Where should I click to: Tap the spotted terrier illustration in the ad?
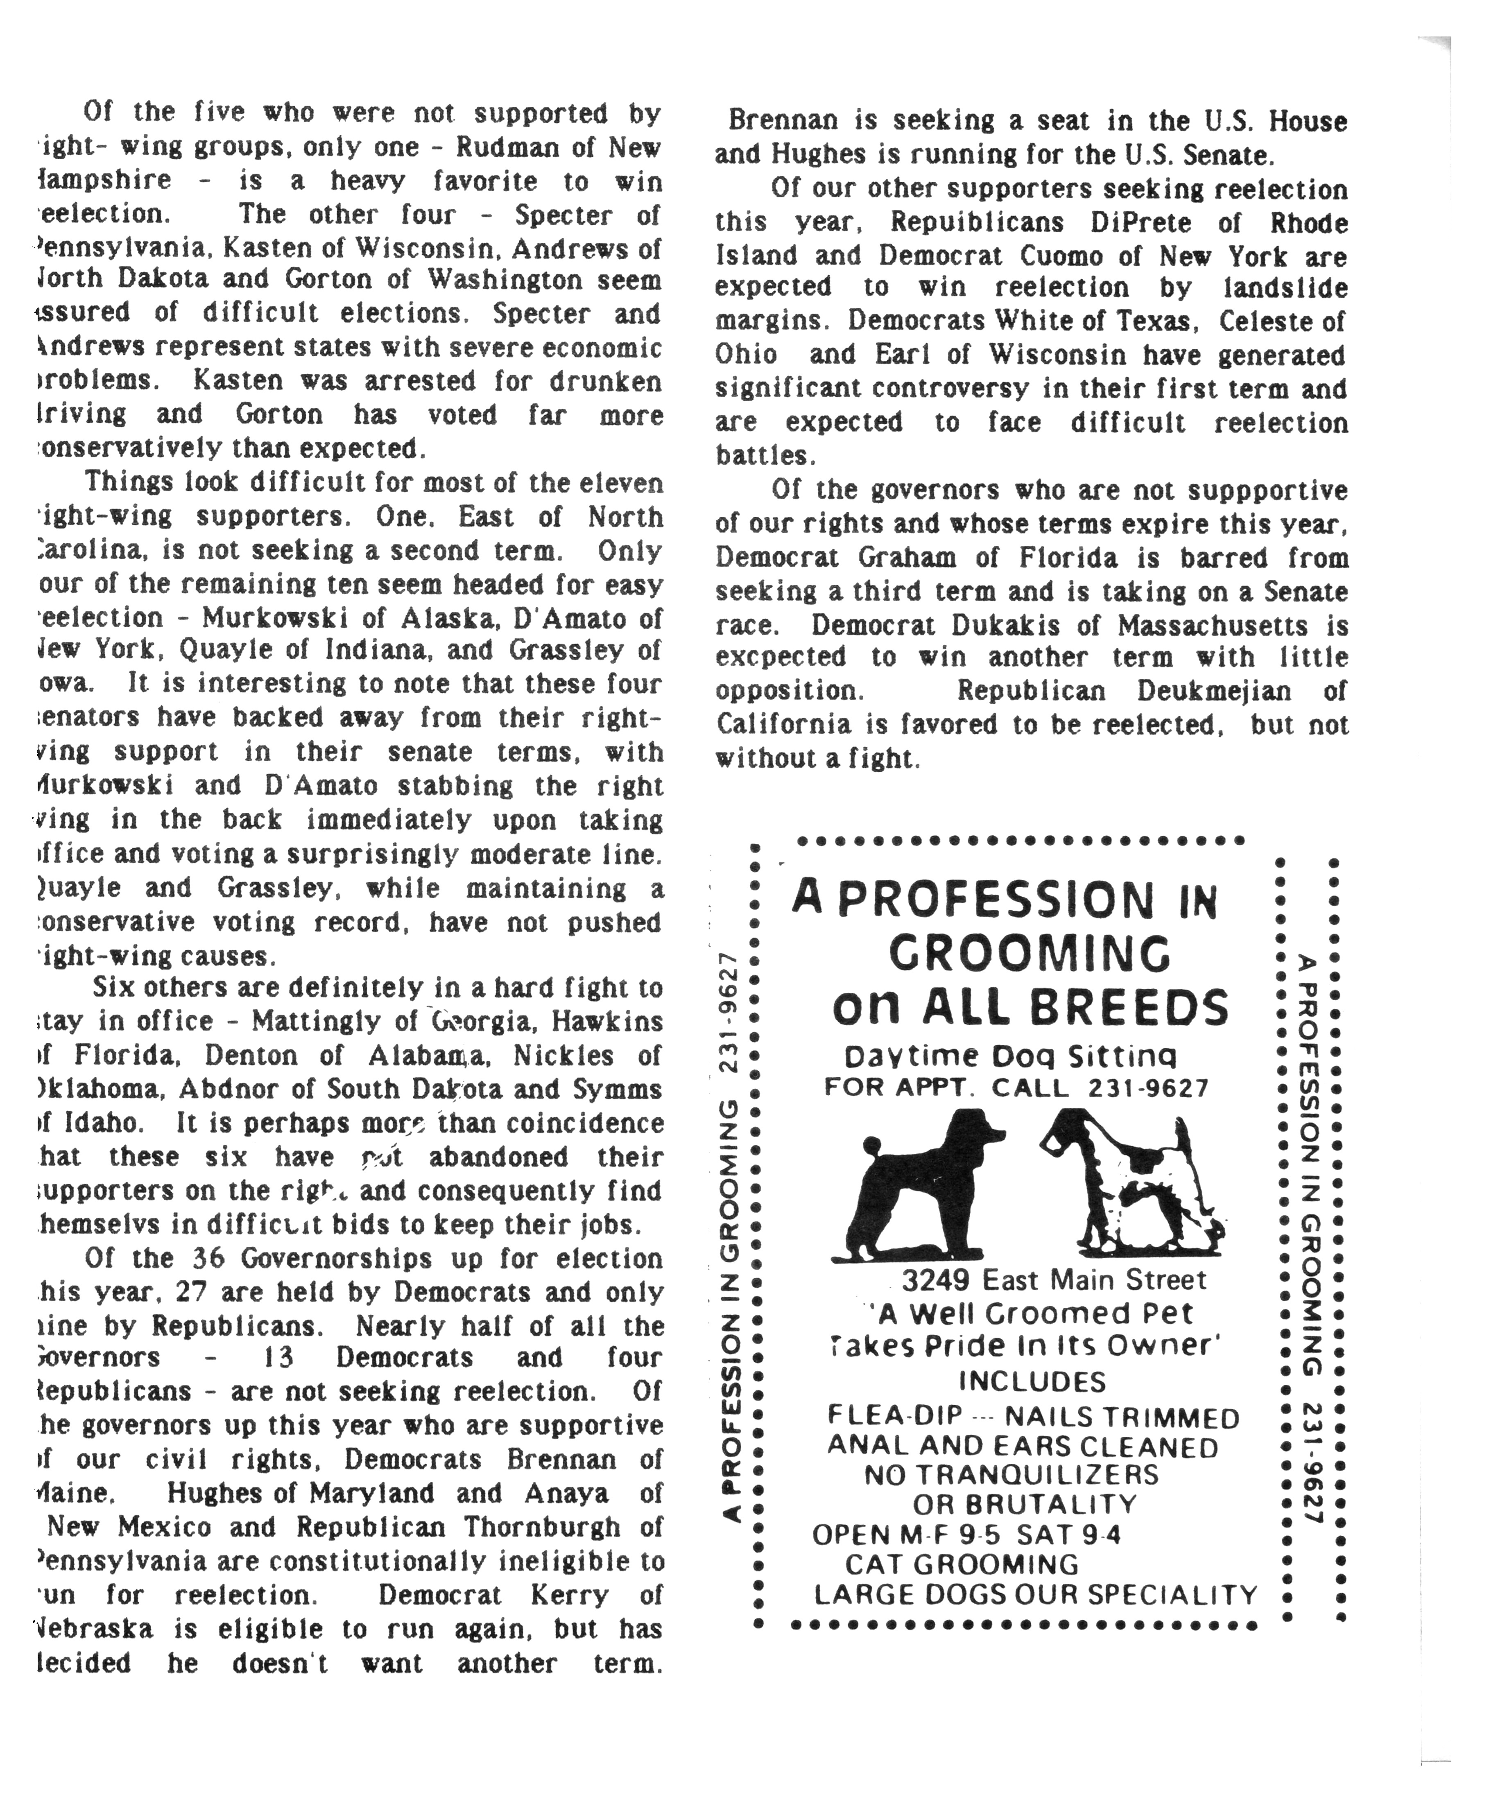click(x=1136, y=1183)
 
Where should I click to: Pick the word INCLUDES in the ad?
click(x=1032, y=1382)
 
